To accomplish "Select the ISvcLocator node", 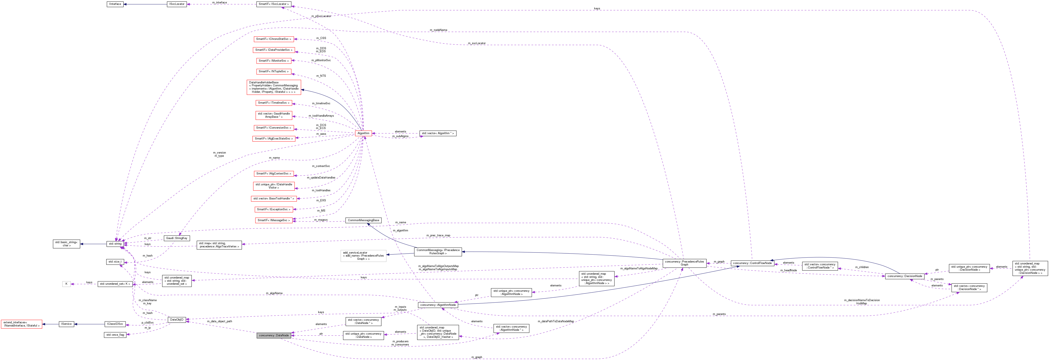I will click(177, 4).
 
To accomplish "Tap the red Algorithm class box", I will click(363, 133).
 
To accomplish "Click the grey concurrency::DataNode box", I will click(274, 335).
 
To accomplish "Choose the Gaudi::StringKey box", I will click(177, 238).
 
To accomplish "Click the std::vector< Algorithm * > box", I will click(438, 133).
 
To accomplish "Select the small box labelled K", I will click(66, 284).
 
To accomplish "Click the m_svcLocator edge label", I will click(476, 43).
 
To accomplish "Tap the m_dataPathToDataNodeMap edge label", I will click(556, 321).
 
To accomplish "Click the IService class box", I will click(66, 324).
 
